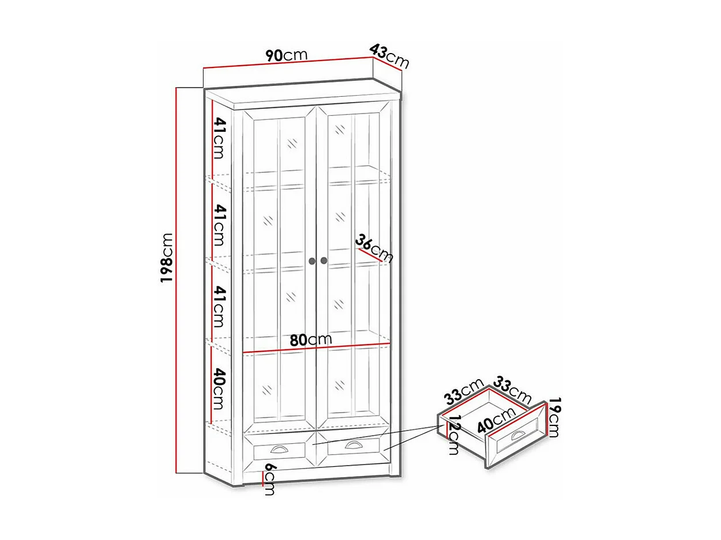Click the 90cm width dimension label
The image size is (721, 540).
(287, 55)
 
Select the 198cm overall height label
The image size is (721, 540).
(167, 258)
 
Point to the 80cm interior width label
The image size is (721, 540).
(311, 339)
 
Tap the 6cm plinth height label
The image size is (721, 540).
(269, 478)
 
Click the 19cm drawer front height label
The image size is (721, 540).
(554, 417)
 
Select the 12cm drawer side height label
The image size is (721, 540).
(454, 435)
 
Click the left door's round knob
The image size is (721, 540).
(312, 261)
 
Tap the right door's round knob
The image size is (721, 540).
(324, 261)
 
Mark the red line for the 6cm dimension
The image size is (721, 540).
(262, 478)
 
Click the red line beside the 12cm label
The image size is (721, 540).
(446, 428)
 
